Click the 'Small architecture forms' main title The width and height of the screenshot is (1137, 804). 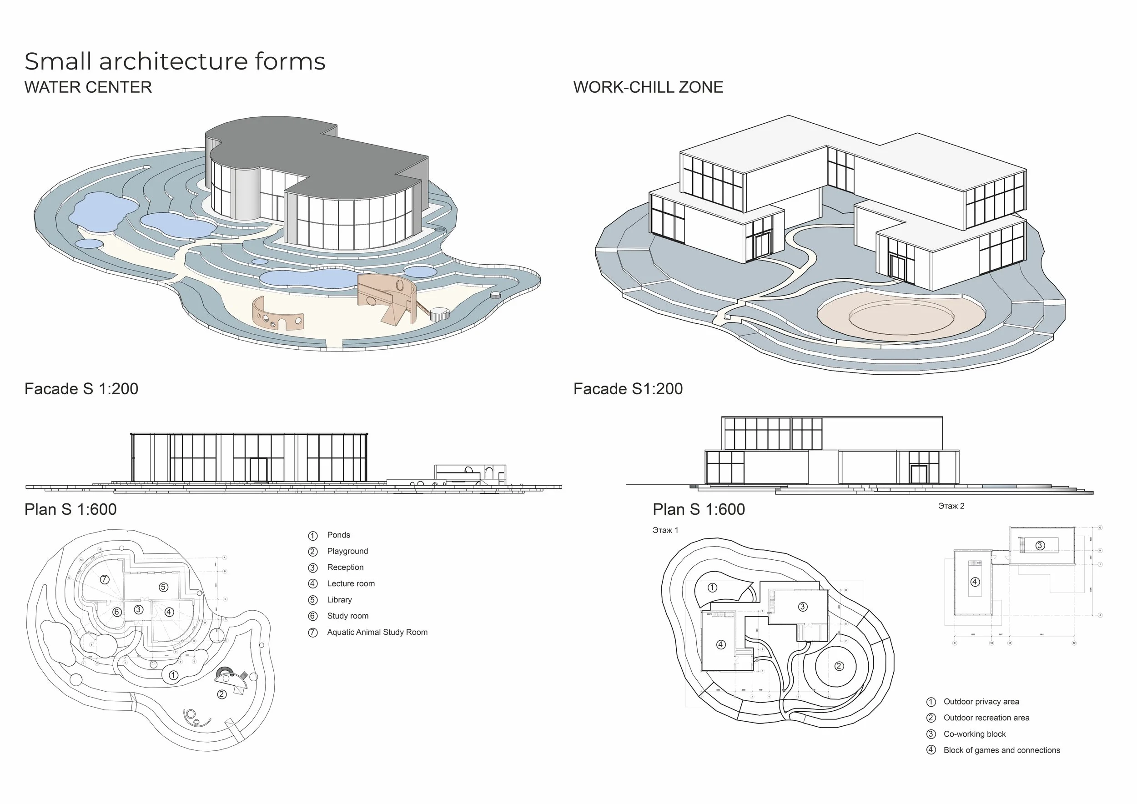(175, 61)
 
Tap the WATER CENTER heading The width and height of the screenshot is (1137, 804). (88, 87)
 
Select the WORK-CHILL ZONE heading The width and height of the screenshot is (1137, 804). (648, 87)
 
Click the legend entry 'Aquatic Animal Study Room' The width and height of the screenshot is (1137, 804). (377, 632)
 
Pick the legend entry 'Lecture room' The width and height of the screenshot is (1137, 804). (351, 584)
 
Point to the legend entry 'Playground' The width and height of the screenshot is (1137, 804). (347, 551)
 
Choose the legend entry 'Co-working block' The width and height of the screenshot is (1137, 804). (974, 734)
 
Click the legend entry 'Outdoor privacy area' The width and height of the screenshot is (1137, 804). (981, 702)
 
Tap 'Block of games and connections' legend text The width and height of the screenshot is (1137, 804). (1001, 750)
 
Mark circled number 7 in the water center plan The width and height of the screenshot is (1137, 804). (105, 579)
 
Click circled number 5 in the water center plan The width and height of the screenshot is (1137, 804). (163, 587)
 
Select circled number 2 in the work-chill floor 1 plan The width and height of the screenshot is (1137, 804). (839, 666)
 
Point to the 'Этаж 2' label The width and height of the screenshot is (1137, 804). (951, 506)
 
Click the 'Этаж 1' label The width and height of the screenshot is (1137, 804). (665, 530)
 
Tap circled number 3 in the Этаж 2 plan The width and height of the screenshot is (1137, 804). (1040, 546)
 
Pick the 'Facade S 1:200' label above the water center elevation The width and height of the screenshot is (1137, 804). (81, 389)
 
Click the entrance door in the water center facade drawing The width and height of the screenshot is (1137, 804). (258, 470)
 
